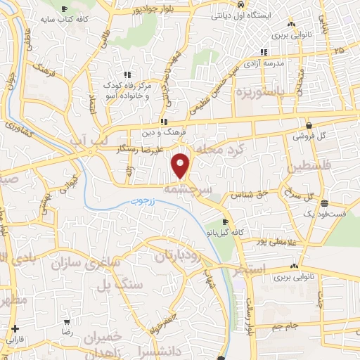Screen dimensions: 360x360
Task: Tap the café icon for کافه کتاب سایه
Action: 66,9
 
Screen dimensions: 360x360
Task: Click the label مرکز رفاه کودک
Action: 127,86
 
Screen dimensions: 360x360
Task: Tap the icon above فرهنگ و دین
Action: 164,122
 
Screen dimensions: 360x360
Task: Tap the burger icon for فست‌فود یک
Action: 323,203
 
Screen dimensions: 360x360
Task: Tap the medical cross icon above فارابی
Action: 15,328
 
